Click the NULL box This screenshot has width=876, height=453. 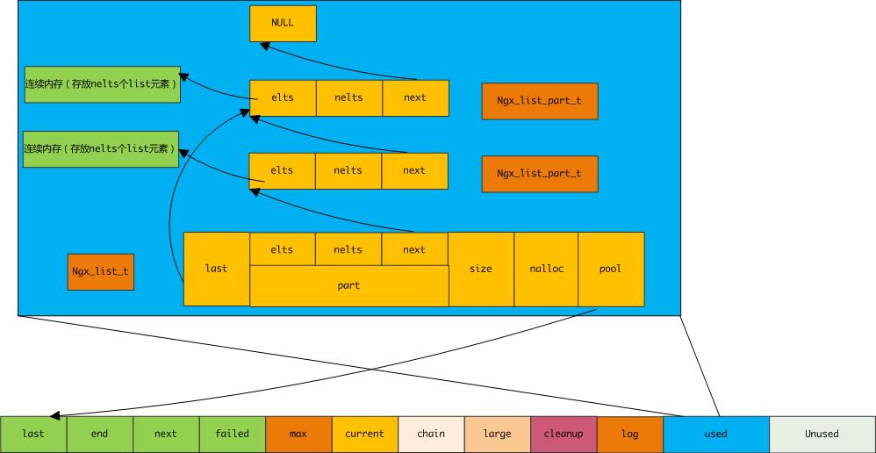(283, 23)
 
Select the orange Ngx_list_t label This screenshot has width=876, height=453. (101, 271)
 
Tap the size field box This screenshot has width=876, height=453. (481, 269)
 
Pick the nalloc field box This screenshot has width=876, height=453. (546, 269)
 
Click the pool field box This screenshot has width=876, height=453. (611, 269)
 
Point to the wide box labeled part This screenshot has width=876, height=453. (348, 286)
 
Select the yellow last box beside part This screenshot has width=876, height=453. (216, 269)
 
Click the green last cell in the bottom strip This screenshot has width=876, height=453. (33, 434)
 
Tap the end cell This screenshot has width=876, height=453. (100, 434)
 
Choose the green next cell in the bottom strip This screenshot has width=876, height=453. (166, 434)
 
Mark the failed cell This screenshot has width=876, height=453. (233, 434)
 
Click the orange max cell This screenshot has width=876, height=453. (298, 434)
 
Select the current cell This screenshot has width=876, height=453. (364, 434)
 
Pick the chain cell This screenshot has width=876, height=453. (431, 434)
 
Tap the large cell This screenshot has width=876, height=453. (497, 434)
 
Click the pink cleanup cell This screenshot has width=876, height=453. (564, 434)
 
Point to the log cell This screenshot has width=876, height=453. (629, 434)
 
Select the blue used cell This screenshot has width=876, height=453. (716, 434)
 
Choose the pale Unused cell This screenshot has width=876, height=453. (822, 434)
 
